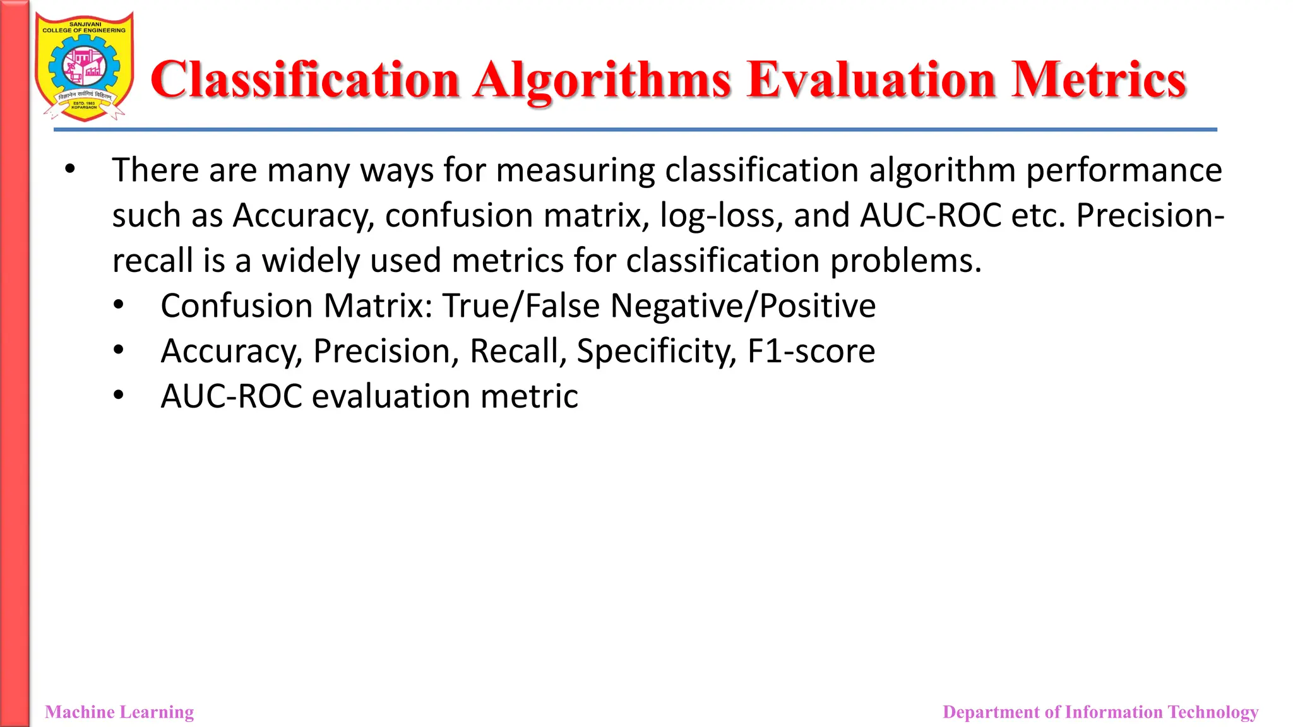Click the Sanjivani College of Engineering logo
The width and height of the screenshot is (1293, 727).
84,67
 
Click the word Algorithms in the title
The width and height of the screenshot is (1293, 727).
602,81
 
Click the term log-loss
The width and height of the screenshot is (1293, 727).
717,216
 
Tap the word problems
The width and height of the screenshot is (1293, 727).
905,261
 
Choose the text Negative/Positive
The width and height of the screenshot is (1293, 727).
743,306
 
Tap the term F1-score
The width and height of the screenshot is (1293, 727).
811,352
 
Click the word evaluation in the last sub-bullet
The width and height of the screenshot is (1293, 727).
391,396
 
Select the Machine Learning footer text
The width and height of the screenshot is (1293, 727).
119,712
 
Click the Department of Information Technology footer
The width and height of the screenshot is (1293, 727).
1100,712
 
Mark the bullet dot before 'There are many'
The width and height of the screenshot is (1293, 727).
69,170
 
